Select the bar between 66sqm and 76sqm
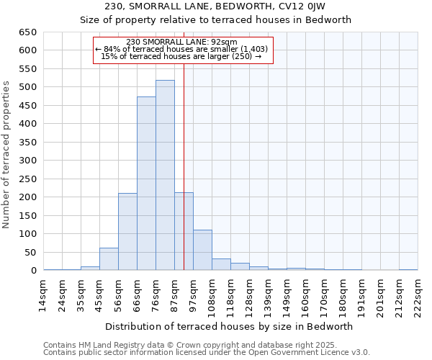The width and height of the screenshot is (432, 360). click(146, 184)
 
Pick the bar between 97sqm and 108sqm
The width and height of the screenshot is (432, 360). click(202, 250)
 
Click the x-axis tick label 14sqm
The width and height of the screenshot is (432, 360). click(44, 294)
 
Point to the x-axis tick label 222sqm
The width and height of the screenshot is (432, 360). click(418, 294)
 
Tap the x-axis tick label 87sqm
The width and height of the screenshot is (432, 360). click(175, 294)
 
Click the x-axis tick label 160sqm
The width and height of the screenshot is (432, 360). click(306, 294)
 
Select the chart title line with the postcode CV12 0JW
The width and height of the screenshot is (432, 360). click(215, 6)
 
